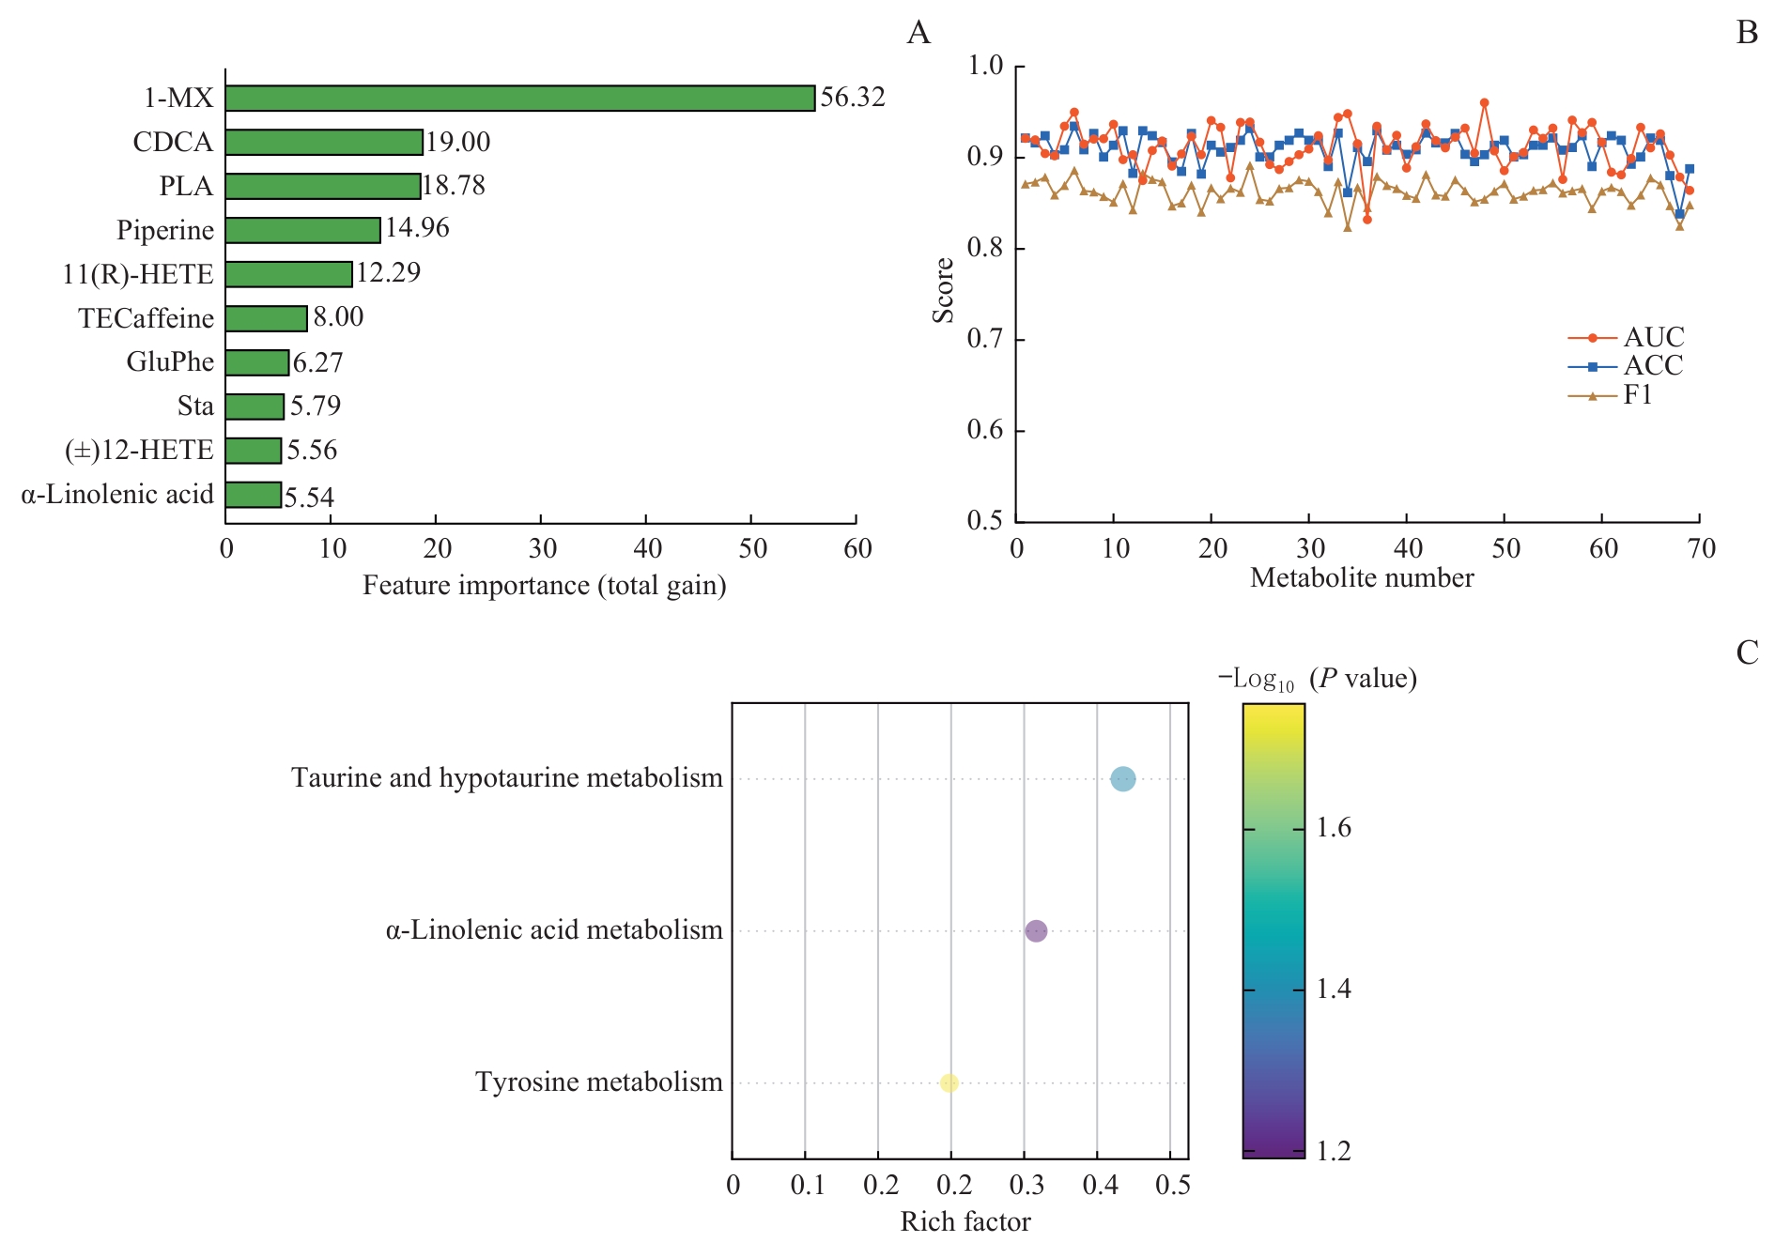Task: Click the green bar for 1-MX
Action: click(x=519, y=99)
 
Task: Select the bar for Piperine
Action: click(x=302, y=230)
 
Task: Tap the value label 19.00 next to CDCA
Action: click(x=458, y=142)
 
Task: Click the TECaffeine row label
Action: click(x=146, y=318)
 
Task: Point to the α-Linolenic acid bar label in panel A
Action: click(x=117, y=495)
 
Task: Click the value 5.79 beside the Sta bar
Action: click(x=316, y=406)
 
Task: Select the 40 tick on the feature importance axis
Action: click(x=647, y=549)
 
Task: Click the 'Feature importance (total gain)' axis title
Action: click(x=545, y=586)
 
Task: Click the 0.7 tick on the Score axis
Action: click(x=985, y=340)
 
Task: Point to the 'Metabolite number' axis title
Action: click(x=1362, y=578)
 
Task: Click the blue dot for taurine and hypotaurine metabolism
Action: click(x=1122, y=779)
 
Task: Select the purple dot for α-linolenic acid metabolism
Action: click(x=1036, y=931)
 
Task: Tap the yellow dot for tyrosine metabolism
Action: click(x=949, y=1083)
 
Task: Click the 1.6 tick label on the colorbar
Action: click(x=1334, y=828)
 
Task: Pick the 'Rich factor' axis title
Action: click(x=965, y=1221)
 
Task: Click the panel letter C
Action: click(x=1747, y=653)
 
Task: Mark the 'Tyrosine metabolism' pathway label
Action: click(x=599, y=1082)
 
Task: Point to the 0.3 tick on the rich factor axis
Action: click(x=1026, y=1186)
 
